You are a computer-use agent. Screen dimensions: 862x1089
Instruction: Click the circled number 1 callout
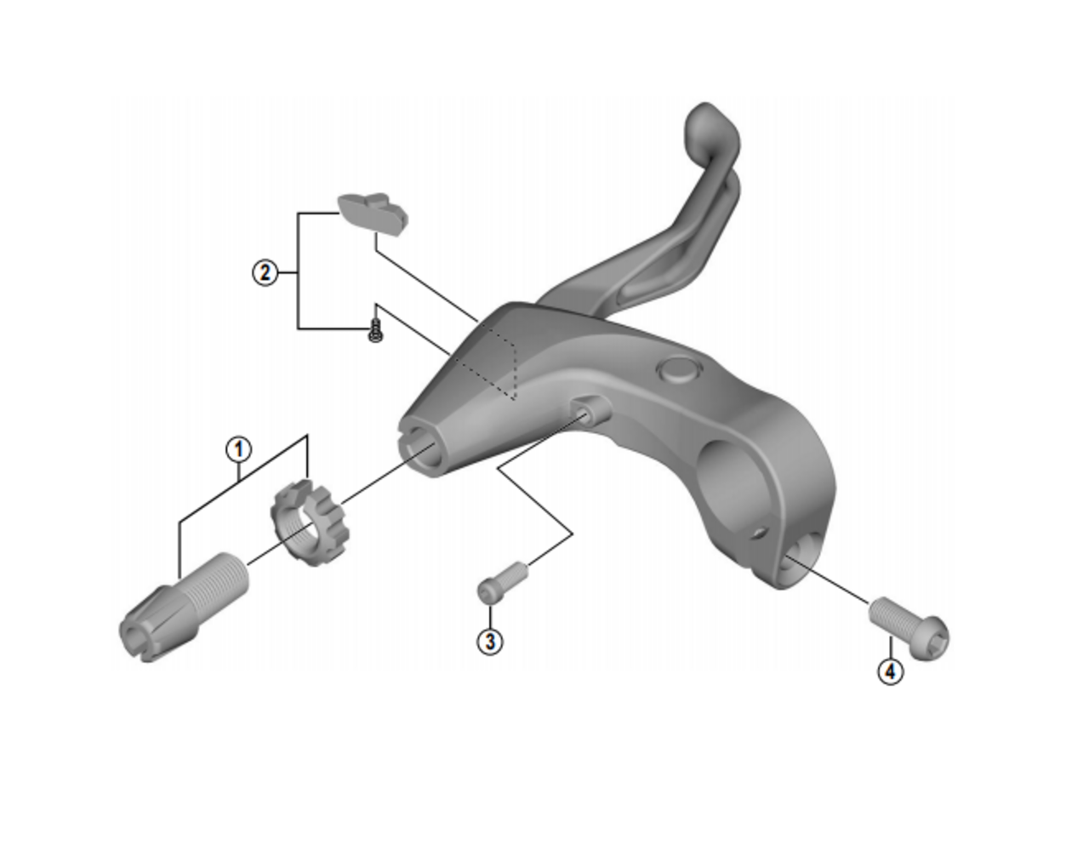pyautogui.click(x=239, y=448)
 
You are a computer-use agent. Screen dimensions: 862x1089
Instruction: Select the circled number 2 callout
pyautogui.click(x=265, y=272)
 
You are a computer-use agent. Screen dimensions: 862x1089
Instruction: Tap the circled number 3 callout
pyautogui.click(x=489, y=641)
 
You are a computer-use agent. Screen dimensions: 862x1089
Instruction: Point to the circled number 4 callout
pyautogui.click(x=890, y=671)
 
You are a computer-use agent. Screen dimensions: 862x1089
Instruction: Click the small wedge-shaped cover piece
pyautogui.click(x=373, y=212)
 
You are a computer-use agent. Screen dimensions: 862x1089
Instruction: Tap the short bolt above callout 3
pyautogui.click(x=500, y=582)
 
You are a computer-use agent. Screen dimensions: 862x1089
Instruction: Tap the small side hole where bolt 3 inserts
pyautogui.click(x=585, y=412)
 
